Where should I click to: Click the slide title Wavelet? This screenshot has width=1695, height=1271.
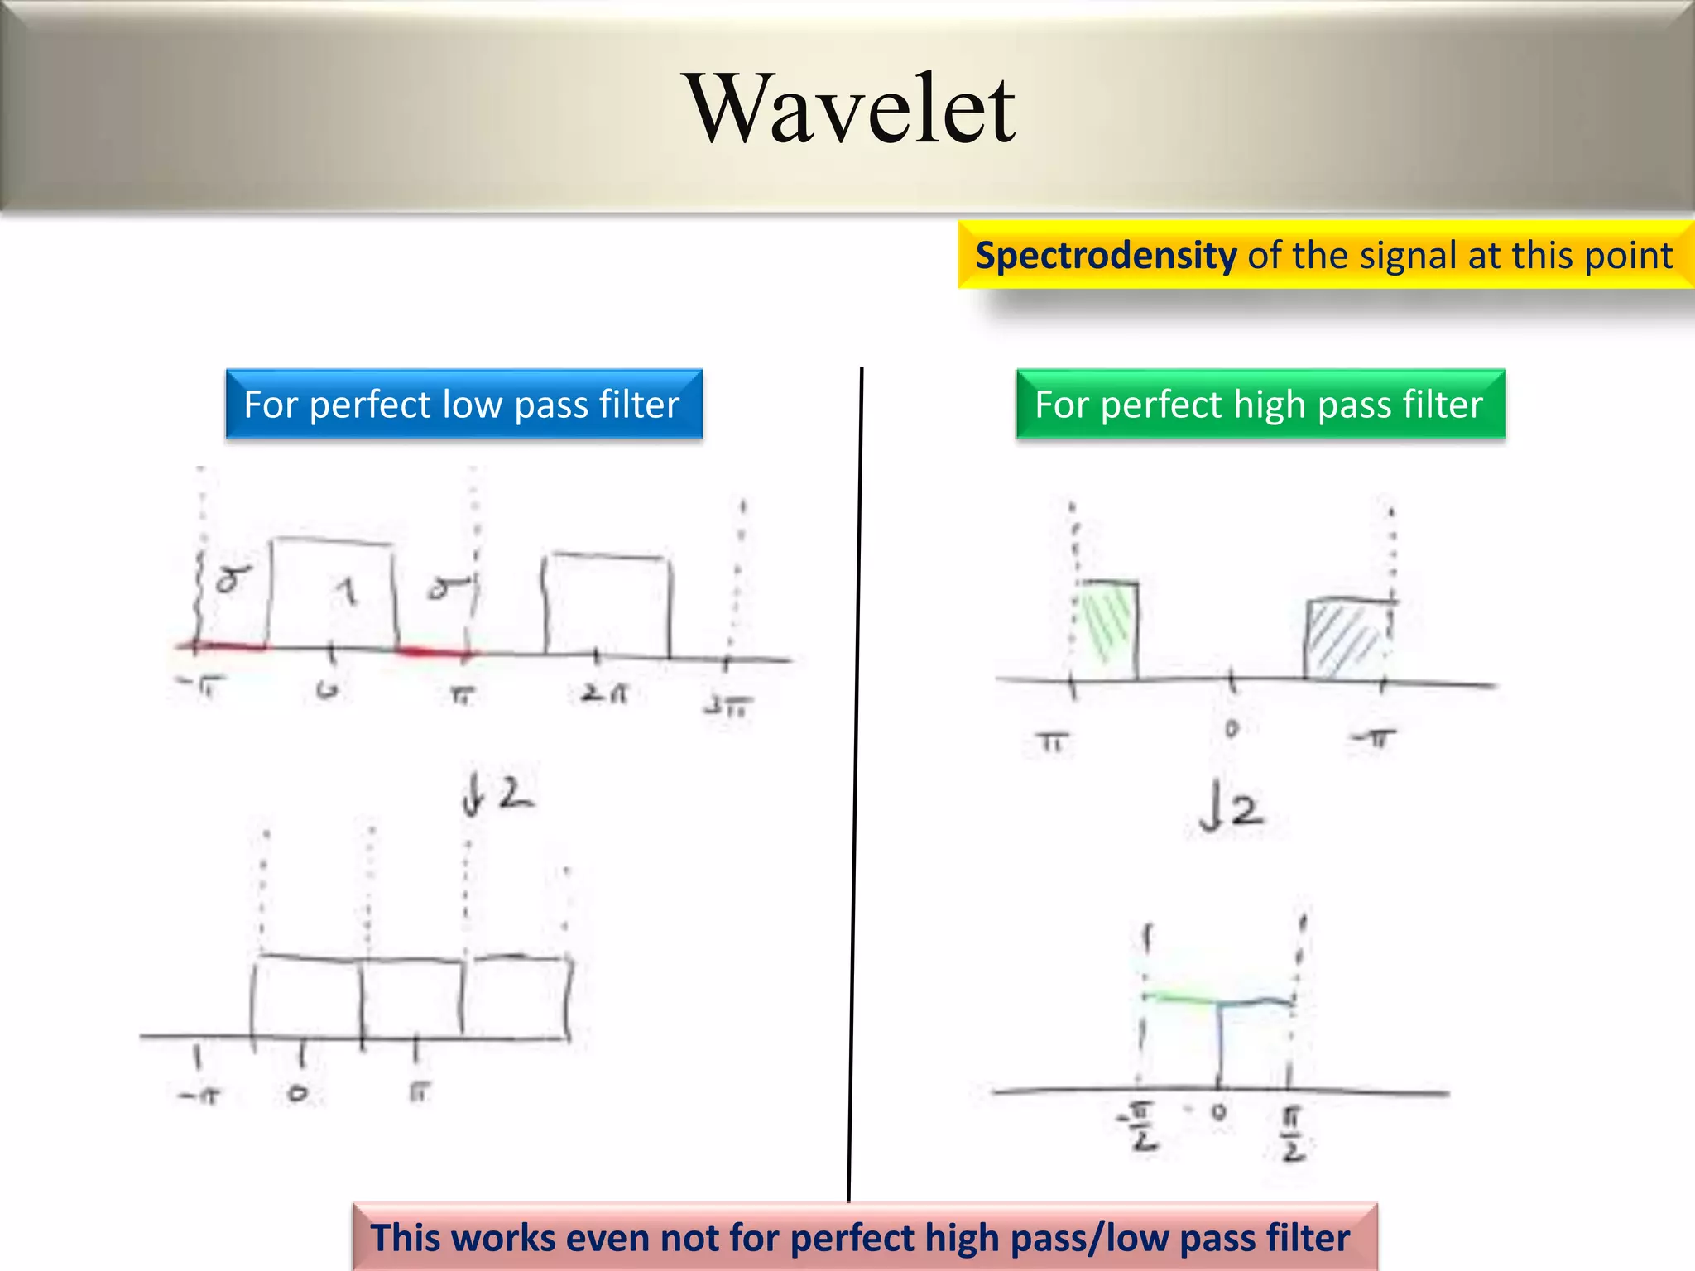tap(852, 109)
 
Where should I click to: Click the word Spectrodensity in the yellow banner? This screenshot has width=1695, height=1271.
tap(1106, 256)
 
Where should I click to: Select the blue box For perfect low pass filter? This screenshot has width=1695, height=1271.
tap(463, 405)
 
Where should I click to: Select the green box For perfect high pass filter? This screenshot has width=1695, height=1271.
tap(1260, 405)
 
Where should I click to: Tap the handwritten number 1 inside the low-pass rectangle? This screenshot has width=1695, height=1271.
tap(348, 592)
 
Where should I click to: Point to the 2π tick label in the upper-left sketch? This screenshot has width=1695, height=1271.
tap(603, 693)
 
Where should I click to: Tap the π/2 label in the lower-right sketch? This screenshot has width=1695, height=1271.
tap(1294, 1134)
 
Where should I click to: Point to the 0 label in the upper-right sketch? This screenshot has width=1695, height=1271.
tap(1232, 728)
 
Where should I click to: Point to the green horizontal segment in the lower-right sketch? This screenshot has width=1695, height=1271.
tap(1179, 998)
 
